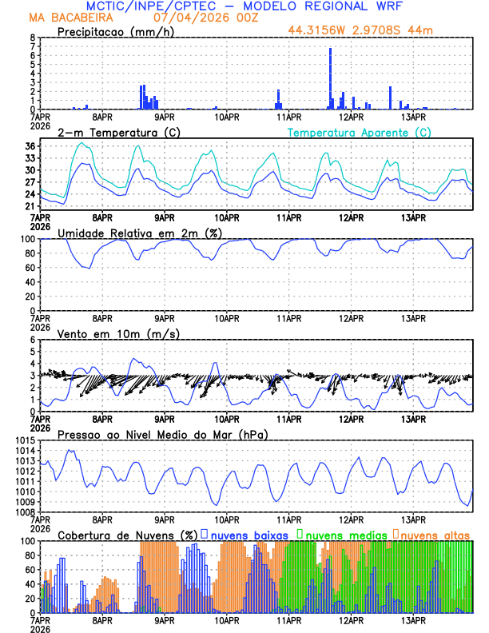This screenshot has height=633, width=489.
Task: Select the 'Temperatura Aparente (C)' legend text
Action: click(x=360, y=132)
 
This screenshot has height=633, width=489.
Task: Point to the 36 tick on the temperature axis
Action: click(x=30, y=146)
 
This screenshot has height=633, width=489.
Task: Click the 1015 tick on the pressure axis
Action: click(x=25, y=441)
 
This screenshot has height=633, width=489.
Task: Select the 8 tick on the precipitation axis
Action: click(x=32, y=38)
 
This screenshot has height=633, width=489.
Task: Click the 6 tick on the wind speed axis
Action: click(x=32, y=340)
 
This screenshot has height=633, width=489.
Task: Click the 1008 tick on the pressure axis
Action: click(x=25, y=512)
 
